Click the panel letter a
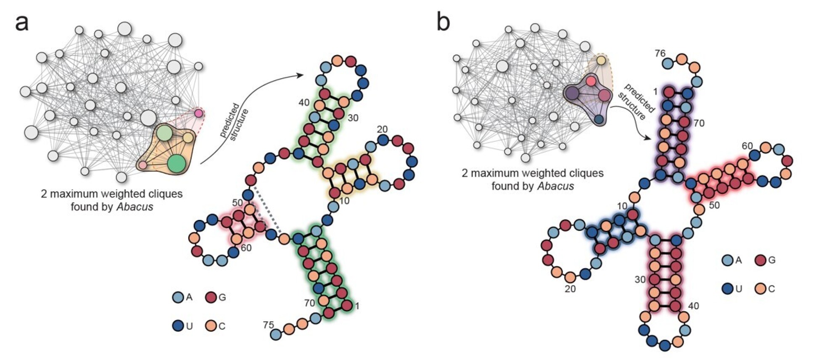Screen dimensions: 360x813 coord(21,23)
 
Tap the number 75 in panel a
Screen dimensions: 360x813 coord(268,325)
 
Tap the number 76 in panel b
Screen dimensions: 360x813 coord(660,53)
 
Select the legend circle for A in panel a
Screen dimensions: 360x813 coord(178,298)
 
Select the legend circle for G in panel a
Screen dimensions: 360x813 coord(211,298)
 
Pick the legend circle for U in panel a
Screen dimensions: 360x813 coord(178,326)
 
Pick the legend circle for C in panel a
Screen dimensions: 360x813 coord(211,326)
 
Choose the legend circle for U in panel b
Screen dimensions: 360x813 coord(727,289)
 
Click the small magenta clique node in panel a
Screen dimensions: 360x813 coord(199,113)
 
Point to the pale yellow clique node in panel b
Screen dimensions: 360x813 coord(601,61)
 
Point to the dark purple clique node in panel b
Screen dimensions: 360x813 coord(572,93)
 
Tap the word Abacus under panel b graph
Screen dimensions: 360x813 coord(555,185)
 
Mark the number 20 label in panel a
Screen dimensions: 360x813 coord(382,130)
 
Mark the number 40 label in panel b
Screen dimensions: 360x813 coord(693,306)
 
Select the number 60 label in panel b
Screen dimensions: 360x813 coord(747,146)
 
